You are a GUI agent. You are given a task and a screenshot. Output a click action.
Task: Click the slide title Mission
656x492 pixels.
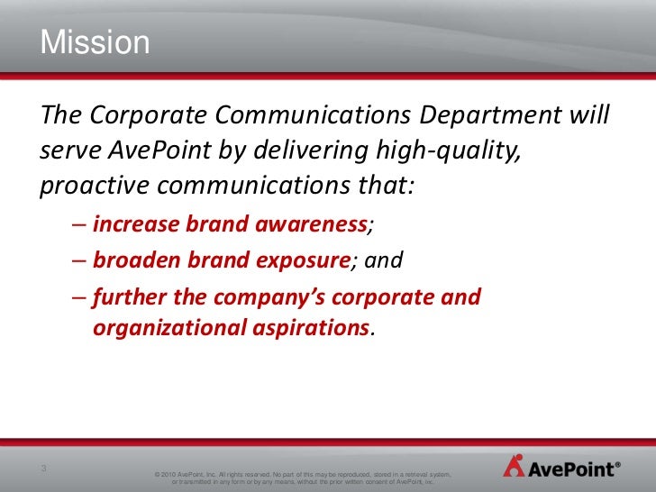pyautogui.click(x=94, y=43)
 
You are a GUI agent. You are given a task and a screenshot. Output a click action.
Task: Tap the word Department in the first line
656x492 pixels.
pyautogui.click(x=487, y=116)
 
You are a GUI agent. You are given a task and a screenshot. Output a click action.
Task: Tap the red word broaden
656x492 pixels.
pyautogui.click(x=135, y=260)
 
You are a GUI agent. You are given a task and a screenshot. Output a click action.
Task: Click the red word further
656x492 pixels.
pyautogui.click(x=127, y=296)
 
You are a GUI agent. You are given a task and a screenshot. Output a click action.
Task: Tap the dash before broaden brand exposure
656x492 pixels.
pyautogui.click(x=79, y=261)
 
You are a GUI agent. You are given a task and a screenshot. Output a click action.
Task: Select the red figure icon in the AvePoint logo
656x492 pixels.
pyautogui.click(x=514, y=467)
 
